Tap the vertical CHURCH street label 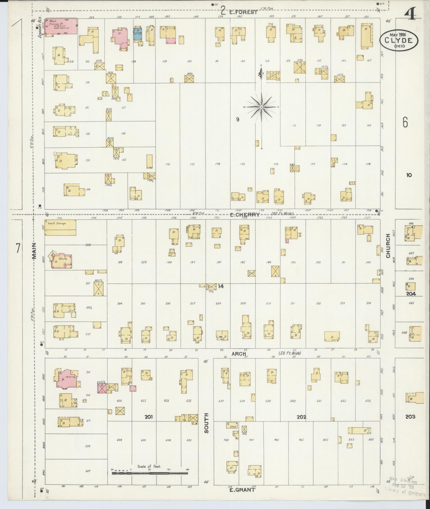(x=388, y=246)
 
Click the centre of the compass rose (x=261, y=107)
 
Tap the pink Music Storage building (x=61, y=26)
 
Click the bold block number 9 (x=237, y=120)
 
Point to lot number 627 (x=88, y=471)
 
